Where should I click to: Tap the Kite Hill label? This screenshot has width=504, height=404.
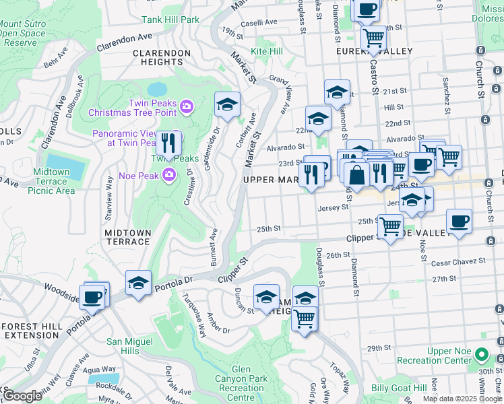click(x=267, y=51)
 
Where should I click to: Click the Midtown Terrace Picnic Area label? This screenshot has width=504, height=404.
click(x=51, y=182)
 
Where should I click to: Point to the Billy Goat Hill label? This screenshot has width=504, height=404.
click(x=399, y=388)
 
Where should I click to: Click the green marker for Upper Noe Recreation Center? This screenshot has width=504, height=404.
click(x=481, y=353)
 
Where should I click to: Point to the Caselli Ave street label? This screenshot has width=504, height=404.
click(x=259, y=22)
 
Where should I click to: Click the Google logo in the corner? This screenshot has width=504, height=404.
click(x=22, y=396)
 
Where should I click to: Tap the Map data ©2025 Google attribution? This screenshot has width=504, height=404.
click(x=462, y=399)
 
